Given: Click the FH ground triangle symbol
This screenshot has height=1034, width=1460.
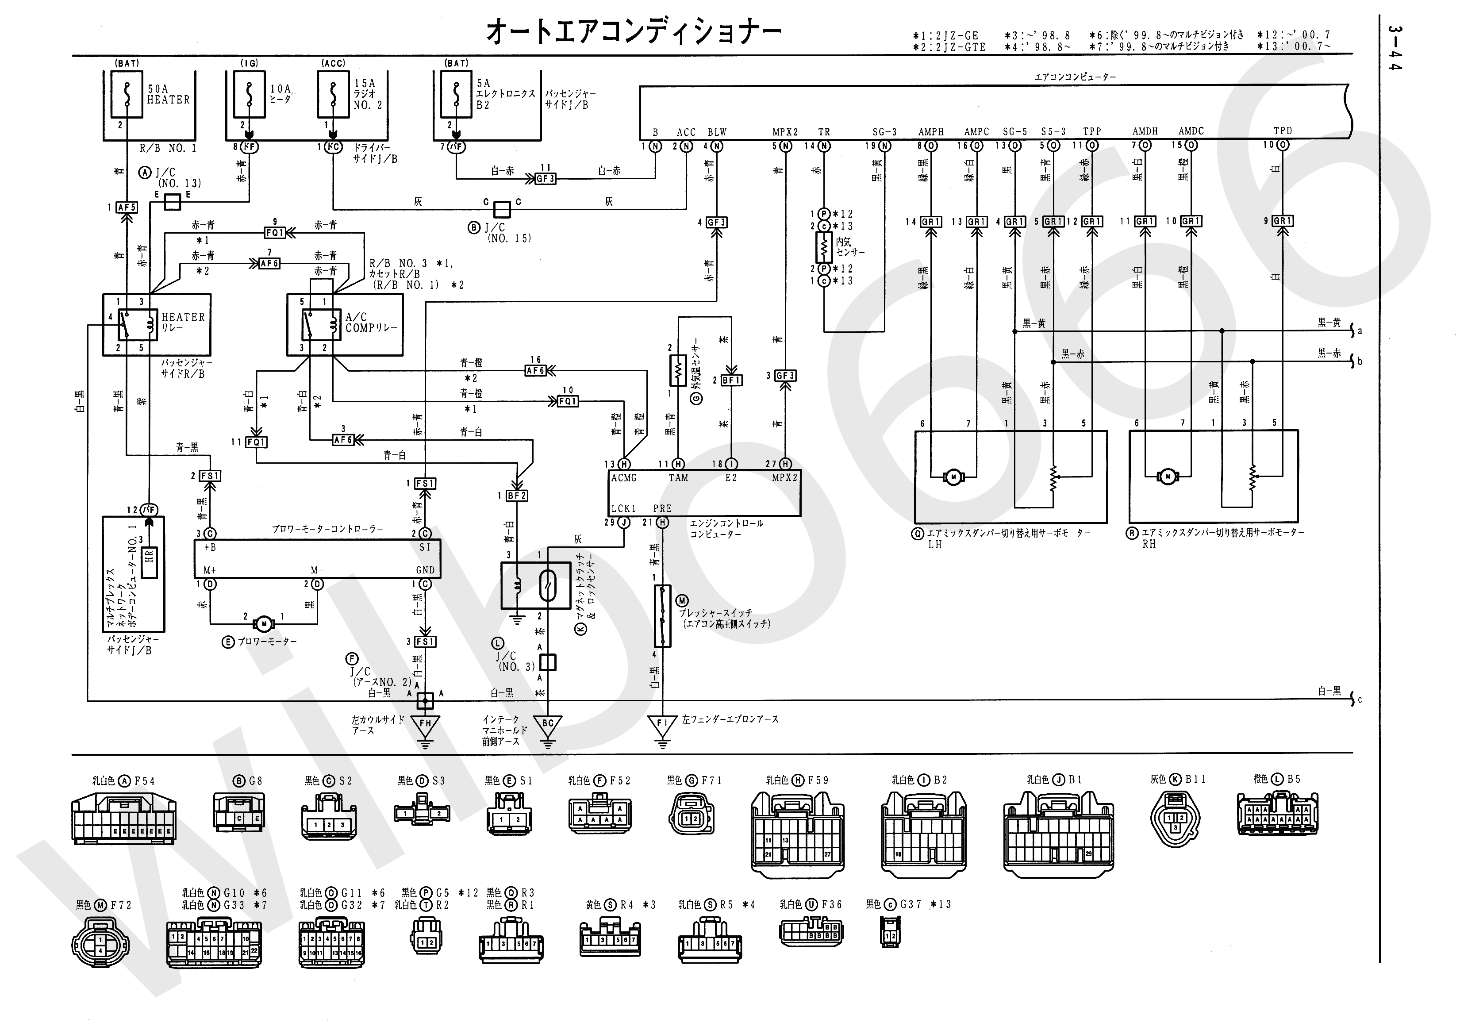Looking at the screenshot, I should tap(425, 725).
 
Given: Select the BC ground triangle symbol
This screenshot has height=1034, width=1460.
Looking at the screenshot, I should tap(548, 725).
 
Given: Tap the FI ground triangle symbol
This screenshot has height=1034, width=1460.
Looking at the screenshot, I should tap(662, 725).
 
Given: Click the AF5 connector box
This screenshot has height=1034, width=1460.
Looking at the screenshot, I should tap(127, 207).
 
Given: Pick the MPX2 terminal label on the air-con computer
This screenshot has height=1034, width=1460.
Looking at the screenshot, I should tap(784, 132).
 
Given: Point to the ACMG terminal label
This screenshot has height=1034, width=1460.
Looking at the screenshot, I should tap(623, 477).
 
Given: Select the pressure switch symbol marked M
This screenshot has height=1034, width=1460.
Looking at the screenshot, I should tap(662, 616).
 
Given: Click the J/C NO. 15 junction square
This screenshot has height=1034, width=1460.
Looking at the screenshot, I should tap(502, 209).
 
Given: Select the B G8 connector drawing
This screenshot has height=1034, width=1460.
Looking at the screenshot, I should tap(239, 813).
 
